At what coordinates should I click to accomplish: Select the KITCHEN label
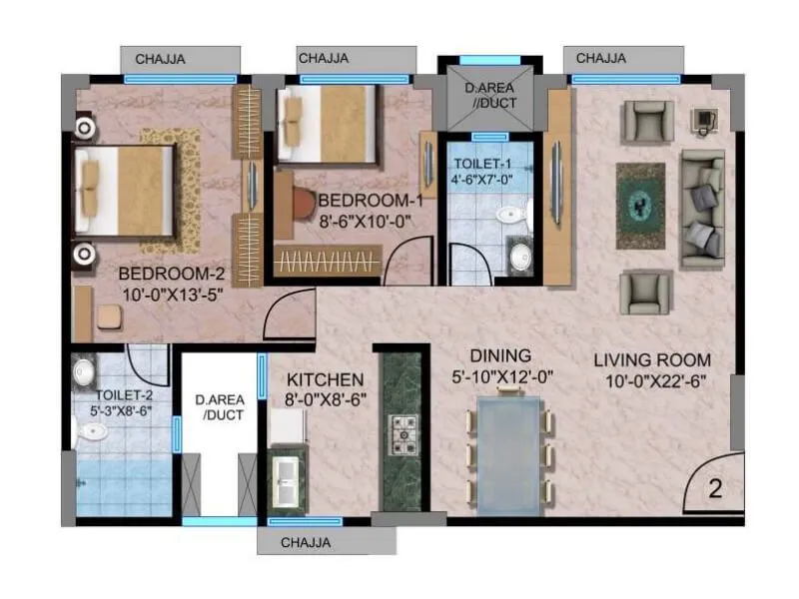point(325,380)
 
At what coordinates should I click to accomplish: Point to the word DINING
point(500,356)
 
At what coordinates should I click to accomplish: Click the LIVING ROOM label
point(651,360)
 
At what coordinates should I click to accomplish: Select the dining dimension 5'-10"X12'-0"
point(501,376)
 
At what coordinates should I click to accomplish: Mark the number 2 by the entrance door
point(715,490)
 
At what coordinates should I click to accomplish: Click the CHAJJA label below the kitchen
point(306,543)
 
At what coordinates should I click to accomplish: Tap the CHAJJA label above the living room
point(601,58)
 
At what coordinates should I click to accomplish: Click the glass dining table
point(509,450)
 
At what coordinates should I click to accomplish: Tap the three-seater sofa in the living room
point(703,210)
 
